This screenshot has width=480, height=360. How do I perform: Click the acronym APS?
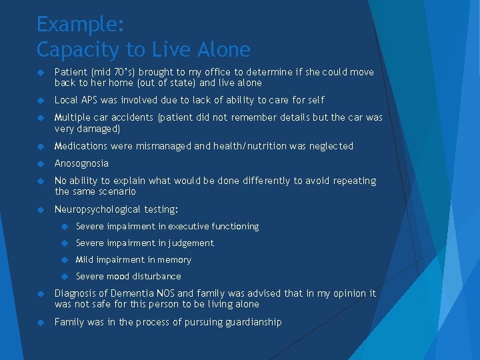tap(89, 100)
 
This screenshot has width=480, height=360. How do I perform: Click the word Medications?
tap(81, 146)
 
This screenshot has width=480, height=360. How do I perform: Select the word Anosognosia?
tap(81, 163)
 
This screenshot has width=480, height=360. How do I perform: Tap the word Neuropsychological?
tap(97, 209)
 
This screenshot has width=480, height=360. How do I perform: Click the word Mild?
tap(84, 260)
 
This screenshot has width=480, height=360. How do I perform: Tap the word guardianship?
tap(250, 322)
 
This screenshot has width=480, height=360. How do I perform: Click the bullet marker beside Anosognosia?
tap(41, 164)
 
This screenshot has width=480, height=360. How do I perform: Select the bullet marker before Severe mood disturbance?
tap(65, 277)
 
